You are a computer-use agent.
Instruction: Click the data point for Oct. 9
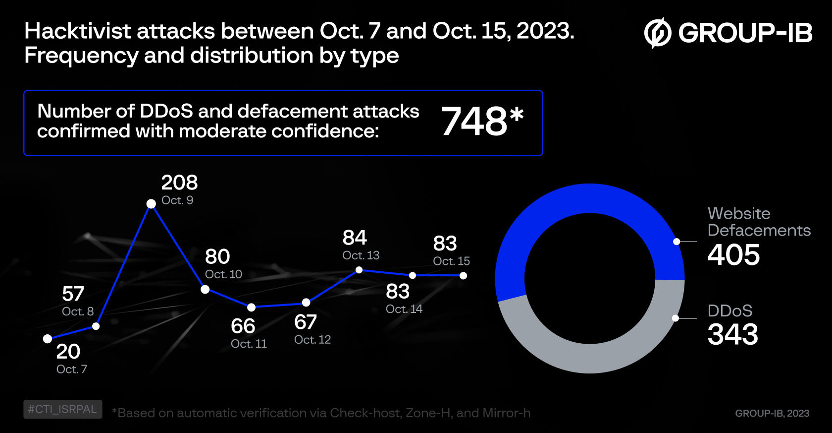pos(151,204)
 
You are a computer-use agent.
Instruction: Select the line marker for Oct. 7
pos(48,339)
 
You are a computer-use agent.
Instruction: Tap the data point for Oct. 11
pos(252,307)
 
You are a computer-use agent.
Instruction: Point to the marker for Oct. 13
pos(359,270)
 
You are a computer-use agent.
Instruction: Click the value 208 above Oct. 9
pos(179,183)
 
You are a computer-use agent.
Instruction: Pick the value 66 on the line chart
pos(243,326)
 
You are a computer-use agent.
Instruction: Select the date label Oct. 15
pos(451,261)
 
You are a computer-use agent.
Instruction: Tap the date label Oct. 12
pos(312,340)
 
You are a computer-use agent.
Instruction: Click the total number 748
pos(474,122)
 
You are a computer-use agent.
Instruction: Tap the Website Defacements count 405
pos(733,255)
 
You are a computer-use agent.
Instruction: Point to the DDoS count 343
pos(732,334)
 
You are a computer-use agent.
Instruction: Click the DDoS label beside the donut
pos(729,310)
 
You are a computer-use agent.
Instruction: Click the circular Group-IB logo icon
pos(657,33)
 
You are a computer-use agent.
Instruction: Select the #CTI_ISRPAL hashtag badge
pos(62,409)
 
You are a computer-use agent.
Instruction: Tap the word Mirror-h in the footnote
pos(506,413)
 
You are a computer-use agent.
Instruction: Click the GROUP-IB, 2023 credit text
pos(772,413)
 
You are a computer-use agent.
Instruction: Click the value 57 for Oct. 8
pos(73,294)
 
